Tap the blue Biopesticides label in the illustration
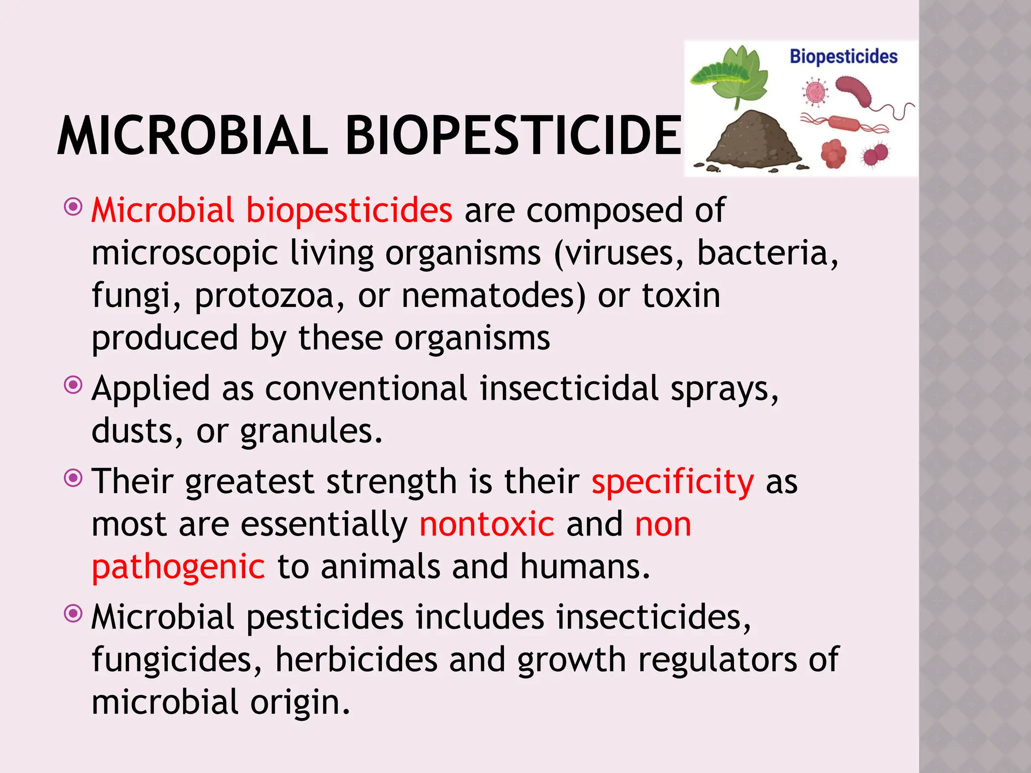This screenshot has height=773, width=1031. coord(843,57)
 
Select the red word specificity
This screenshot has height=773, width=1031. coord(673,482)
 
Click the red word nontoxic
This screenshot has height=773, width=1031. coord(487,524)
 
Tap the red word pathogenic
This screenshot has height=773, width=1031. coord(178,567)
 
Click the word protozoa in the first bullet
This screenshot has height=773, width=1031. coord(264,295)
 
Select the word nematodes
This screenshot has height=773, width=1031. coord(493,295)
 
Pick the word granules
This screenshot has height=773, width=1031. coord(311,431)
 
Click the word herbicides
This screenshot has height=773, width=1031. coord(356,660)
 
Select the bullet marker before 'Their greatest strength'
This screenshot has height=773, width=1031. coord(73,478)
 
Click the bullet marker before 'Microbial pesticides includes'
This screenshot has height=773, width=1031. coord(73,613)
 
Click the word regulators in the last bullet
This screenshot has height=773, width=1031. coord(717,660)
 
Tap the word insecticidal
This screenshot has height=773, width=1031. coord(569,389)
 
